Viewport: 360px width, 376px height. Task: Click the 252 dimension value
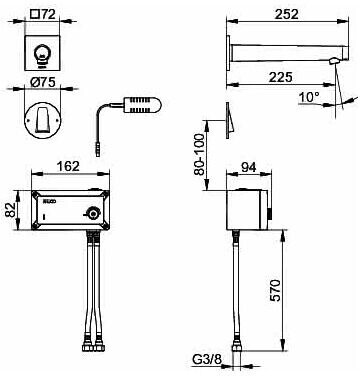286,14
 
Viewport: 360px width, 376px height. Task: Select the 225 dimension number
281,77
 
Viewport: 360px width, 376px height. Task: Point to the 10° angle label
309,98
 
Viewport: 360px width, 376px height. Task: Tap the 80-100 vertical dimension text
199,154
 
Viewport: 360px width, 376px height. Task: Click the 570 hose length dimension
275,291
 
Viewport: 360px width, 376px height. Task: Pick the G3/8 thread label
207,360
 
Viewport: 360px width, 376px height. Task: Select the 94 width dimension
248,167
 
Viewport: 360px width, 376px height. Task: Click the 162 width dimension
68,166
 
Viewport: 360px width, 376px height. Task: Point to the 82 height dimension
11,210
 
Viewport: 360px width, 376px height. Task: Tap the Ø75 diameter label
42,83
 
